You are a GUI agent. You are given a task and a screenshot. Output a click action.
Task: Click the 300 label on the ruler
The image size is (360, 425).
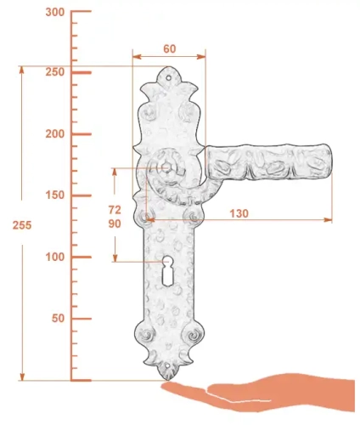click(55, 12)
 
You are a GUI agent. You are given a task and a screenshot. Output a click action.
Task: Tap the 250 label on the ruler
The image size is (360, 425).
click(55, 72)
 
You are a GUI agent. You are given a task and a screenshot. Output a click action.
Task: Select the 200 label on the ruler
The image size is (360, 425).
click(55, 133)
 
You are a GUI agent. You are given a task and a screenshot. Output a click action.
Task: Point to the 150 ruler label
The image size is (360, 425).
click(55, 195)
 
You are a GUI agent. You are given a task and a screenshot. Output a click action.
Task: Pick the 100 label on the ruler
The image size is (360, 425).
click(55, 257)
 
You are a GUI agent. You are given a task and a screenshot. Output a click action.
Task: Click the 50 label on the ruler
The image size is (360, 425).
click(58, 318)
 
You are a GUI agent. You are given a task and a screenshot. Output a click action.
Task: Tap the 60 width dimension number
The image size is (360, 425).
click(170, 48)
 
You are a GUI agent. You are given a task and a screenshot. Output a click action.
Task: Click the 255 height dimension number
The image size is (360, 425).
click(22, 225)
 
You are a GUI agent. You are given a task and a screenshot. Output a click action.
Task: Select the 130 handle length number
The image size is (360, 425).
click(239, 213)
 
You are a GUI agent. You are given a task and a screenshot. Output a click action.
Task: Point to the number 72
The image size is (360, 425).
click(115, 210)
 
